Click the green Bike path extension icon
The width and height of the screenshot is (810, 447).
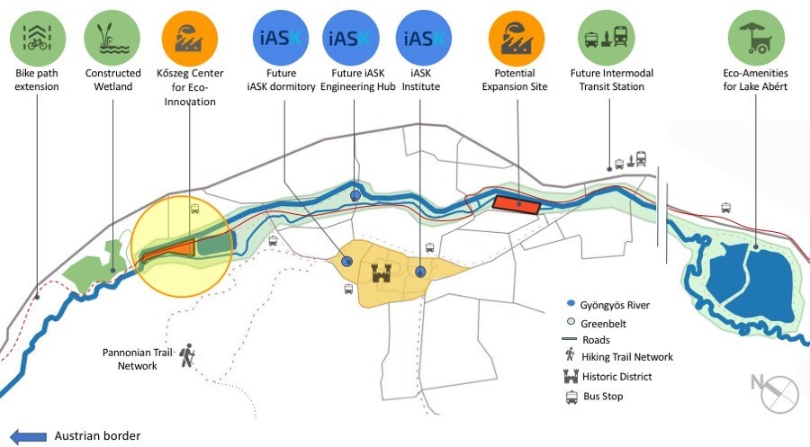(38, 38)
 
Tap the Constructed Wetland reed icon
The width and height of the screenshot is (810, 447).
(112, 38)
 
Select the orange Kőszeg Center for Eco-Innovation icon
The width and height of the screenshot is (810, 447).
(190, 38)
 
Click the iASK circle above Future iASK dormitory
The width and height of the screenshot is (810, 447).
(281, 38)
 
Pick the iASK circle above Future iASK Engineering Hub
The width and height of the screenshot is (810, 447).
(351, 38)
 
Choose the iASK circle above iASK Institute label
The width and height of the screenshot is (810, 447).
(424, 38)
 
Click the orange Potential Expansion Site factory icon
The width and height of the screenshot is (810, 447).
(516, 38)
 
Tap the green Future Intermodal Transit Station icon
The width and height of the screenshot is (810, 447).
(606, 38)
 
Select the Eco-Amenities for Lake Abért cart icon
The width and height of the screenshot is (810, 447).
(756, 38)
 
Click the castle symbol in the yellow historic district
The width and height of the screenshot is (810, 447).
(382, 272)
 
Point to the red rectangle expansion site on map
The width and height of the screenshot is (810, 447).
(516, 205)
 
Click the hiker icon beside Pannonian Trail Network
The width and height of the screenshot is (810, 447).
(187, 355)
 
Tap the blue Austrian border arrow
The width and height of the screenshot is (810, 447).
(28, 437)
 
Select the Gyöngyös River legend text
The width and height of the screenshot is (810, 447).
(615, 305)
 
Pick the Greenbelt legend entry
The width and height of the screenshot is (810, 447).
(596, 324)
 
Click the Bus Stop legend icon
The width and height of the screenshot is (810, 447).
(571, 397)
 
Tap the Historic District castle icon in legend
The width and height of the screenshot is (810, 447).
(571, 376)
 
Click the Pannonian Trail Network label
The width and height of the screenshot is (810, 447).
(137, 359)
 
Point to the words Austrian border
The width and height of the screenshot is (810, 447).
(97, 436)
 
